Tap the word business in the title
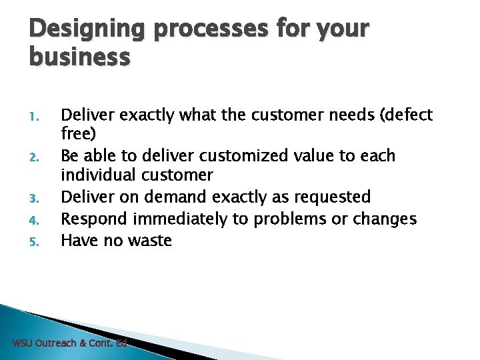click(79, 58)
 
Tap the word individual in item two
click(101, 176)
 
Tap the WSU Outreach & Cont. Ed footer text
click(69, 343)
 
